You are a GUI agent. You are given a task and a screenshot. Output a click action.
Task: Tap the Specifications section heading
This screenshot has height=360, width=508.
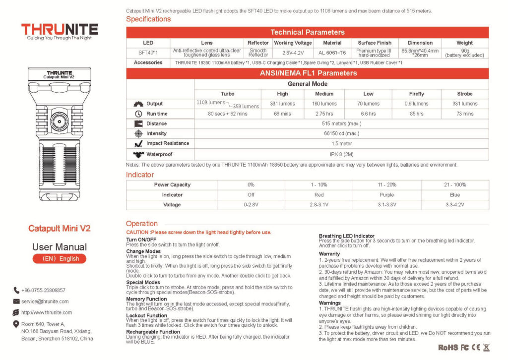click(x=148, y=19)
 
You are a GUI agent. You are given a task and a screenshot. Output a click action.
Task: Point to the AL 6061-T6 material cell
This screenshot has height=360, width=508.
click(x=332, y=53)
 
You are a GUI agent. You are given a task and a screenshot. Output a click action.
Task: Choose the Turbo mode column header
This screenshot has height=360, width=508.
click(x=227, y=94)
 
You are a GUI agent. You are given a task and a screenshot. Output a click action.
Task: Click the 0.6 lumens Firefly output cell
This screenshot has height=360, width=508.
click(x=416, y=104)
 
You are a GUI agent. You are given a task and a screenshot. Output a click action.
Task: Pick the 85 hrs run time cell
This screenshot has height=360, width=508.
click(x=416, y=114)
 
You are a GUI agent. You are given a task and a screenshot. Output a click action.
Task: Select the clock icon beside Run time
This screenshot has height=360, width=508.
click(x=138, y=114)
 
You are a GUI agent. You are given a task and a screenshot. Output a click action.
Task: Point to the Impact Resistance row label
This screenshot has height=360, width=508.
click(x=167, y=143)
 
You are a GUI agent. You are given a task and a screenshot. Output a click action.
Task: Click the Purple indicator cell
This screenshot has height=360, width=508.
click(x=386, y=195)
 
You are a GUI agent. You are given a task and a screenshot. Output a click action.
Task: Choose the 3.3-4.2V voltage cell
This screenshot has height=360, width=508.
click(x=454, y=205)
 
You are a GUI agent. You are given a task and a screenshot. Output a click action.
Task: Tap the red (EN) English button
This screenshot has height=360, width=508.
click(x=60, y=259)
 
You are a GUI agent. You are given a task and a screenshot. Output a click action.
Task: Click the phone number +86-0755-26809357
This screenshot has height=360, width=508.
click(x=43, y=291)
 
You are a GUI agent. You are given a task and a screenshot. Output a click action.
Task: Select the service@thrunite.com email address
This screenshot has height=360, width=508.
click(x=45, y=301)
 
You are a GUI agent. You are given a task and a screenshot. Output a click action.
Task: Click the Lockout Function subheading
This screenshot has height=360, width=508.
click(x=146, y=315)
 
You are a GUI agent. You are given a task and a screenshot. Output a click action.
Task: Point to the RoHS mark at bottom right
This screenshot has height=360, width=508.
click(x=448, y=348)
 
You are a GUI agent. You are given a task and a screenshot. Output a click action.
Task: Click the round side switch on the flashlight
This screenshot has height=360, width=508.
click(x=60, y=121)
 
